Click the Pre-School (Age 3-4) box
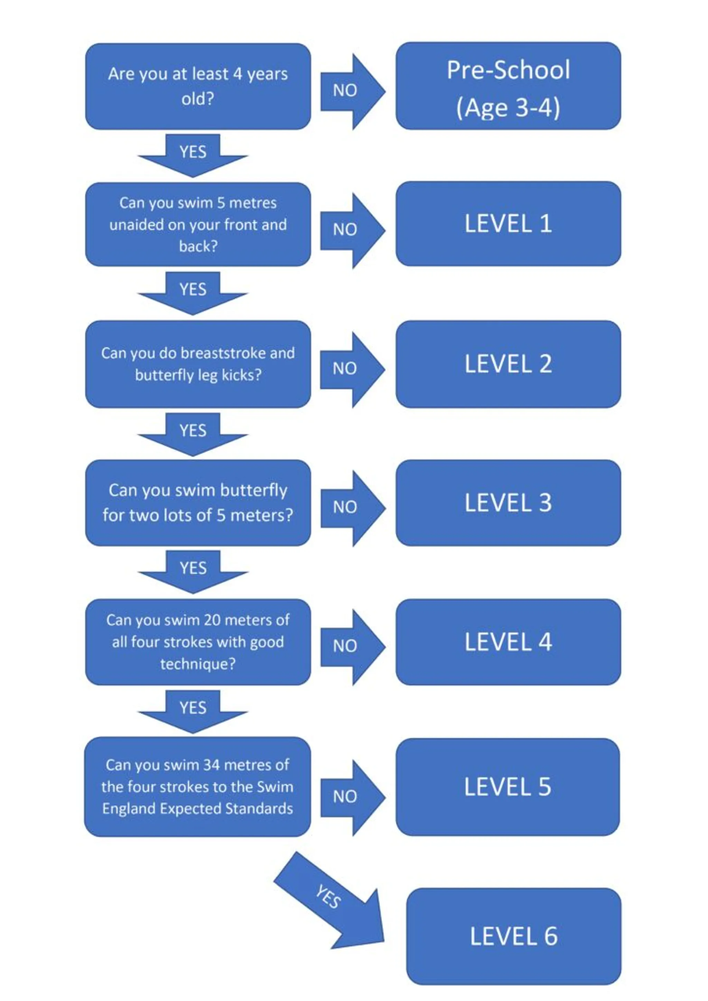(508, 86)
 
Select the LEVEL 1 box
(508, 224)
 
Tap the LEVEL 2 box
(508, 364)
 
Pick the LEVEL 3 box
(508, 503)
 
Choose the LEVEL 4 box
(508, 642)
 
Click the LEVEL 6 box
(513, 936)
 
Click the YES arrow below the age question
(193, 155)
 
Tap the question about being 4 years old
(198, 86)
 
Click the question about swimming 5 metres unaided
(198, 224)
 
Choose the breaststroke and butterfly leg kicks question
(198, 364)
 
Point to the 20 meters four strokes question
(198, 642)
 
